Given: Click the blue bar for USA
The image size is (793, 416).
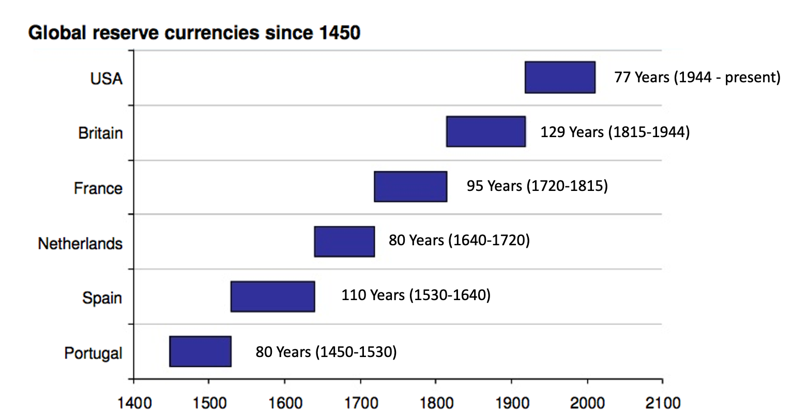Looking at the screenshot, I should (560, 77).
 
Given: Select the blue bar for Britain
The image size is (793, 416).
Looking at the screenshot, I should (486, 131).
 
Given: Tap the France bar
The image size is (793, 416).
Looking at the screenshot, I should (410, 186).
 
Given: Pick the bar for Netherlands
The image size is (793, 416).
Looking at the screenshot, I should (344, 241).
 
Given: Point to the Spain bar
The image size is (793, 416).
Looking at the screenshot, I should (272, 296).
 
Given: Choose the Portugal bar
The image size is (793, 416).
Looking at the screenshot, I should (200, 351).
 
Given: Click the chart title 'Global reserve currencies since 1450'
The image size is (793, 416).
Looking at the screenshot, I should (194, 33).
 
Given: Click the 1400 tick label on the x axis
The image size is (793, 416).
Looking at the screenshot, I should (134, 403).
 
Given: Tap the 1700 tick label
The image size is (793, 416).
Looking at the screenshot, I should (360, 403).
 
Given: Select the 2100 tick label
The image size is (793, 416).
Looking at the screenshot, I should (662, 403).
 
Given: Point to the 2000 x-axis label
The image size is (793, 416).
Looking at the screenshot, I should (587, 403).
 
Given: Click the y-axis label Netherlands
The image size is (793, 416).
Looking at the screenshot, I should (80, 243).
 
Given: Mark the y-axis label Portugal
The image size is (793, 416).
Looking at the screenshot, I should (93, 353).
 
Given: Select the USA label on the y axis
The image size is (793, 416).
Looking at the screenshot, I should (106, 79).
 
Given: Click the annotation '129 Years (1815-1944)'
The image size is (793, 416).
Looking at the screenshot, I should (615, 132).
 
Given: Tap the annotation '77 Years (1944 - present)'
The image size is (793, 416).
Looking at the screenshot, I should (697, 77).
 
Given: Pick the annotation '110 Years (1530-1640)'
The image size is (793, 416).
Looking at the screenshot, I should (416, 295).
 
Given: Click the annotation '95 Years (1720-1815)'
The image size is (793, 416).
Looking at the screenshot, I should (537, 186).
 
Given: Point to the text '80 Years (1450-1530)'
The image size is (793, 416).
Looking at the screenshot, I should (326, 352).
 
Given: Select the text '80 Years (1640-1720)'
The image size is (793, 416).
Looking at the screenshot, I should (459, 240).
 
